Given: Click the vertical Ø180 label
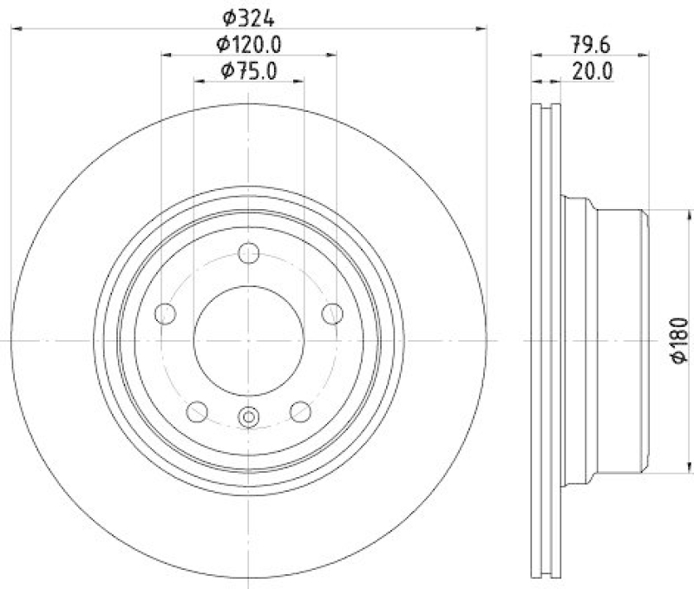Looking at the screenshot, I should click(679, 341).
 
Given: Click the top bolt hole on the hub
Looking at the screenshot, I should click(249, 254).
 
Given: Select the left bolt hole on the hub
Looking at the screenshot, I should click(166, 314).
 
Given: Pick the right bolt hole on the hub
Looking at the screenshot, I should click(331, 314).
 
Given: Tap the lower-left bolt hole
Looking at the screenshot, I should click(198, 411).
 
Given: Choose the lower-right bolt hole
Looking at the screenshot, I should click(300, 411).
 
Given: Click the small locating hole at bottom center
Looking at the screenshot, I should click(249, 418).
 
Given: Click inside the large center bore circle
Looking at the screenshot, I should click(249, 341).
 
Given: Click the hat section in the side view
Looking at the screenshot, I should click(607, 341).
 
